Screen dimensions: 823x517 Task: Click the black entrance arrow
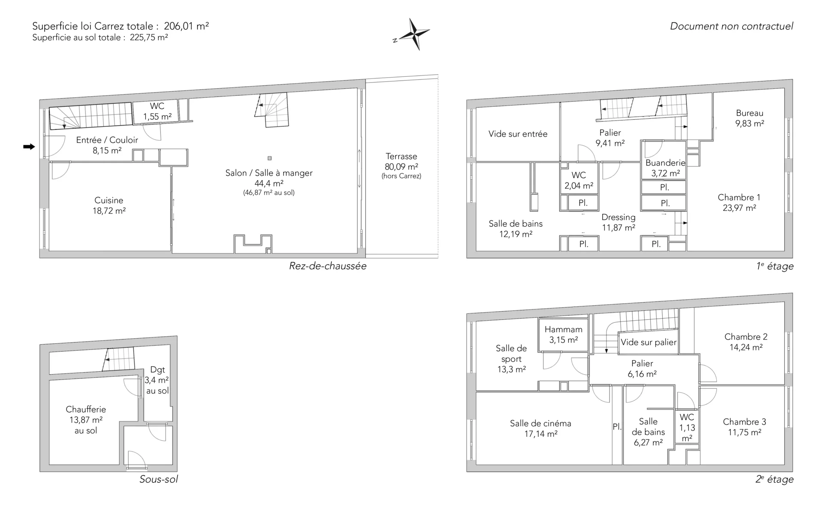[29, 147]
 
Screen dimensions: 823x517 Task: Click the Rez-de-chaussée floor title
[327, 266]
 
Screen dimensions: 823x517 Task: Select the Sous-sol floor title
[159, 479]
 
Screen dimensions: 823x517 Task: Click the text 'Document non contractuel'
[731, 26]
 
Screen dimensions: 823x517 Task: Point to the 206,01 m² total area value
[186, 26]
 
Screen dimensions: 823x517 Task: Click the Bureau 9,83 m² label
[750, 118]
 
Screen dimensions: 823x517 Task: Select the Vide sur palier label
[649, 342]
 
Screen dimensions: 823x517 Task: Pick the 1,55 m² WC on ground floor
[157, 111]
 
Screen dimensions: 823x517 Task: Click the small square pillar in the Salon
[270, 158]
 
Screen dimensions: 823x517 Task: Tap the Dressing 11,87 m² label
[619, 222]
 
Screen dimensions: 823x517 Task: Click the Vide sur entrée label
[518, 134]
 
